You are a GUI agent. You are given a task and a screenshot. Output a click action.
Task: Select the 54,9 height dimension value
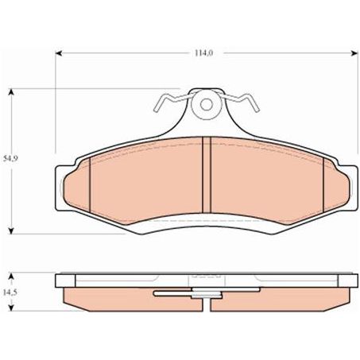point(10,160)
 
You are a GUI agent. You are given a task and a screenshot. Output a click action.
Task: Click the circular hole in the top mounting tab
point(205,105)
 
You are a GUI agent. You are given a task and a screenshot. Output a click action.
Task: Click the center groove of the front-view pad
point(205,174)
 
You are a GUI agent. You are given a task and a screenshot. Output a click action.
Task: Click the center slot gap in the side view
point(205,296)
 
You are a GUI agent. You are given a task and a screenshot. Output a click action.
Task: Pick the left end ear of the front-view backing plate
point(60,187)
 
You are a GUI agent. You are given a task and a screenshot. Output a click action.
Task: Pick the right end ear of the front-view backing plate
point(350,187)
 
